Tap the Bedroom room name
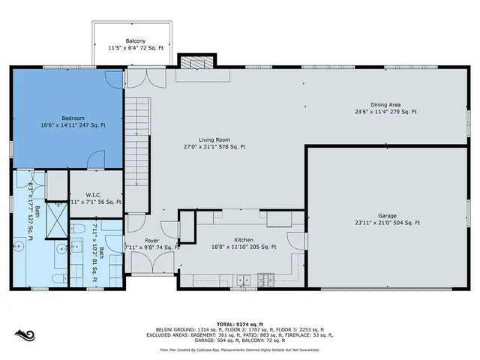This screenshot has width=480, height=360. (73, 118)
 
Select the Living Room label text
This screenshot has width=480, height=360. (215, 139)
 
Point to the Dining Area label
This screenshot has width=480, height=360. (389, 104)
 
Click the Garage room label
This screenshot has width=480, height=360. (388, 215)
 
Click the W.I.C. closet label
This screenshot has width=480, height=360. (94, 193)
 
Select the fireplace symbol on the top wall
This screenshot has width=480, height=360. (196, 64)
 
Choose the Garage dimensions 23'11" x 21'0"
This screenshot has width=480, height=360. (388, 223)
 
